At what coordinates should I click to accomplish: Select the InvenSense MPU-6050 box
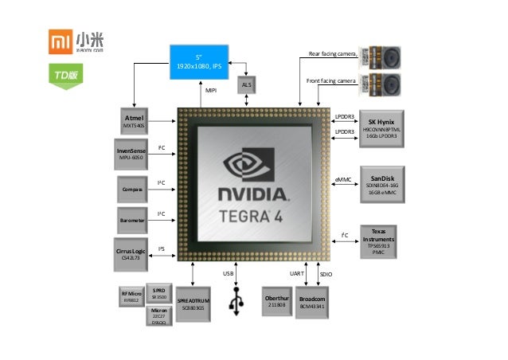tap(131, 154)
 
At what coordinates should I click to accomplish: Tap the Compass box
tap(132, 189)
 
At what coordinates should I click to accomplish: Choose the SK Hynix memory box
tap(381, 128)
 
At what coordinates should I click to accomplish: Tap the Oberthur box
tap(276, 302)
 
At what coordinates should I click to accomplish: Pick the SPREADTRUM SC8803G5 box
tap(192, 302)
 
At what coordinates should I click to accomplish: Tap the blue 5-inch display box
tap(205, 61)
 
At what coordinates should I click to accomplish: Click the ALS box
tap(247, 84)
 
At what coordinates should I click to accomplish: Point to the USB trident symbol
tap(236, 302)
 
